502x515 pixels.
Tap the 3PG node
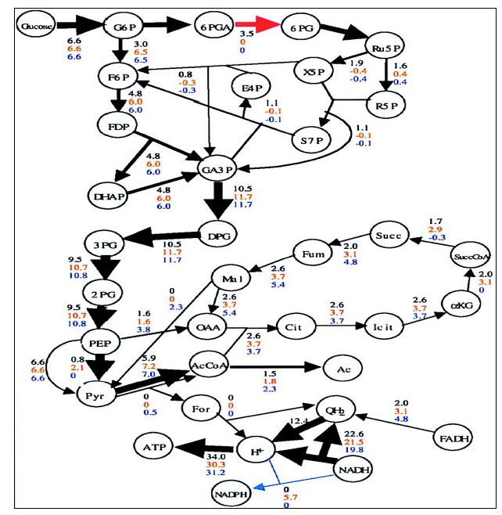[106, 244]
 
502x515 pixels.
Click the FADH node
[456, 438]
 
